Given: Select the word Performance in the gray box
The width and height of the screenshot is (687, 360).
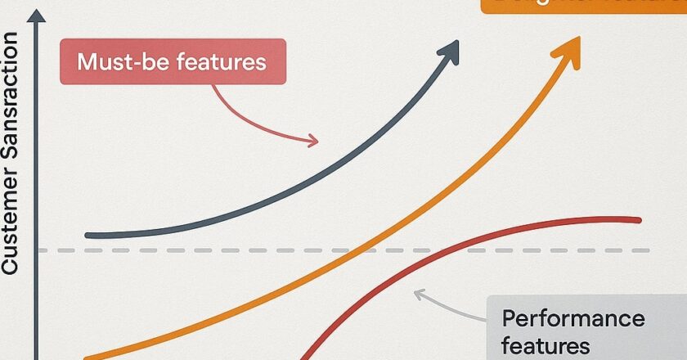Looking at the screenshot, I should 573,318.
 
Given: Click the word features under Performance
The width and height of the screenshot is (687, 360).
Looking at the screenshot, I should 546,346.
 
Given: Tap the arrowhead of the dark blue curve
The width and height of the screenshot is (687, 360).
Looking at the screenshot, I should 449,52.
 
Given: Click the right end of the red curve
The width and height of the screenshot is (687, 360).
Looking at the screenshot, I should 638,219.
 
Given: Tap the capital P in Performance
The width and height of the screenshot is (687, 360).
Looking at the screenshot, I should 508,318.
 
